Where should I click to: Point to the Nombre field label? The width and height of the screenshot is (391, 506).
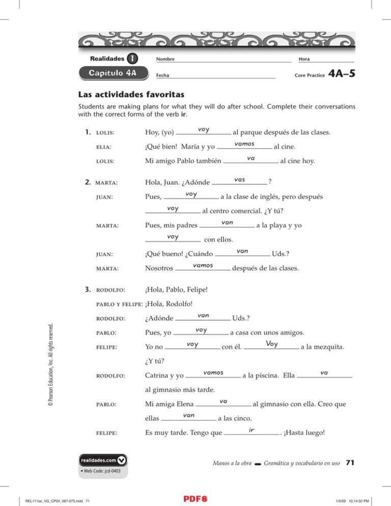165,59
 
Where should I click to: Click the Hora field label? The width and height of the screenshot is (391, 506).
305,59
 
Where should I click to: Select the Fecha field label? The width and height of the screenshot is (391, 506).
163,75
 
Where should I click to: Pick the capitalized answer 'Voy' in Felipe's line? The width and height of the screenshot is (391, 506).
271,344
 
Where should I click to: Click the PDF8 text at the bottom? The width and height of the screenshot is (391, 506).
195,495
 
